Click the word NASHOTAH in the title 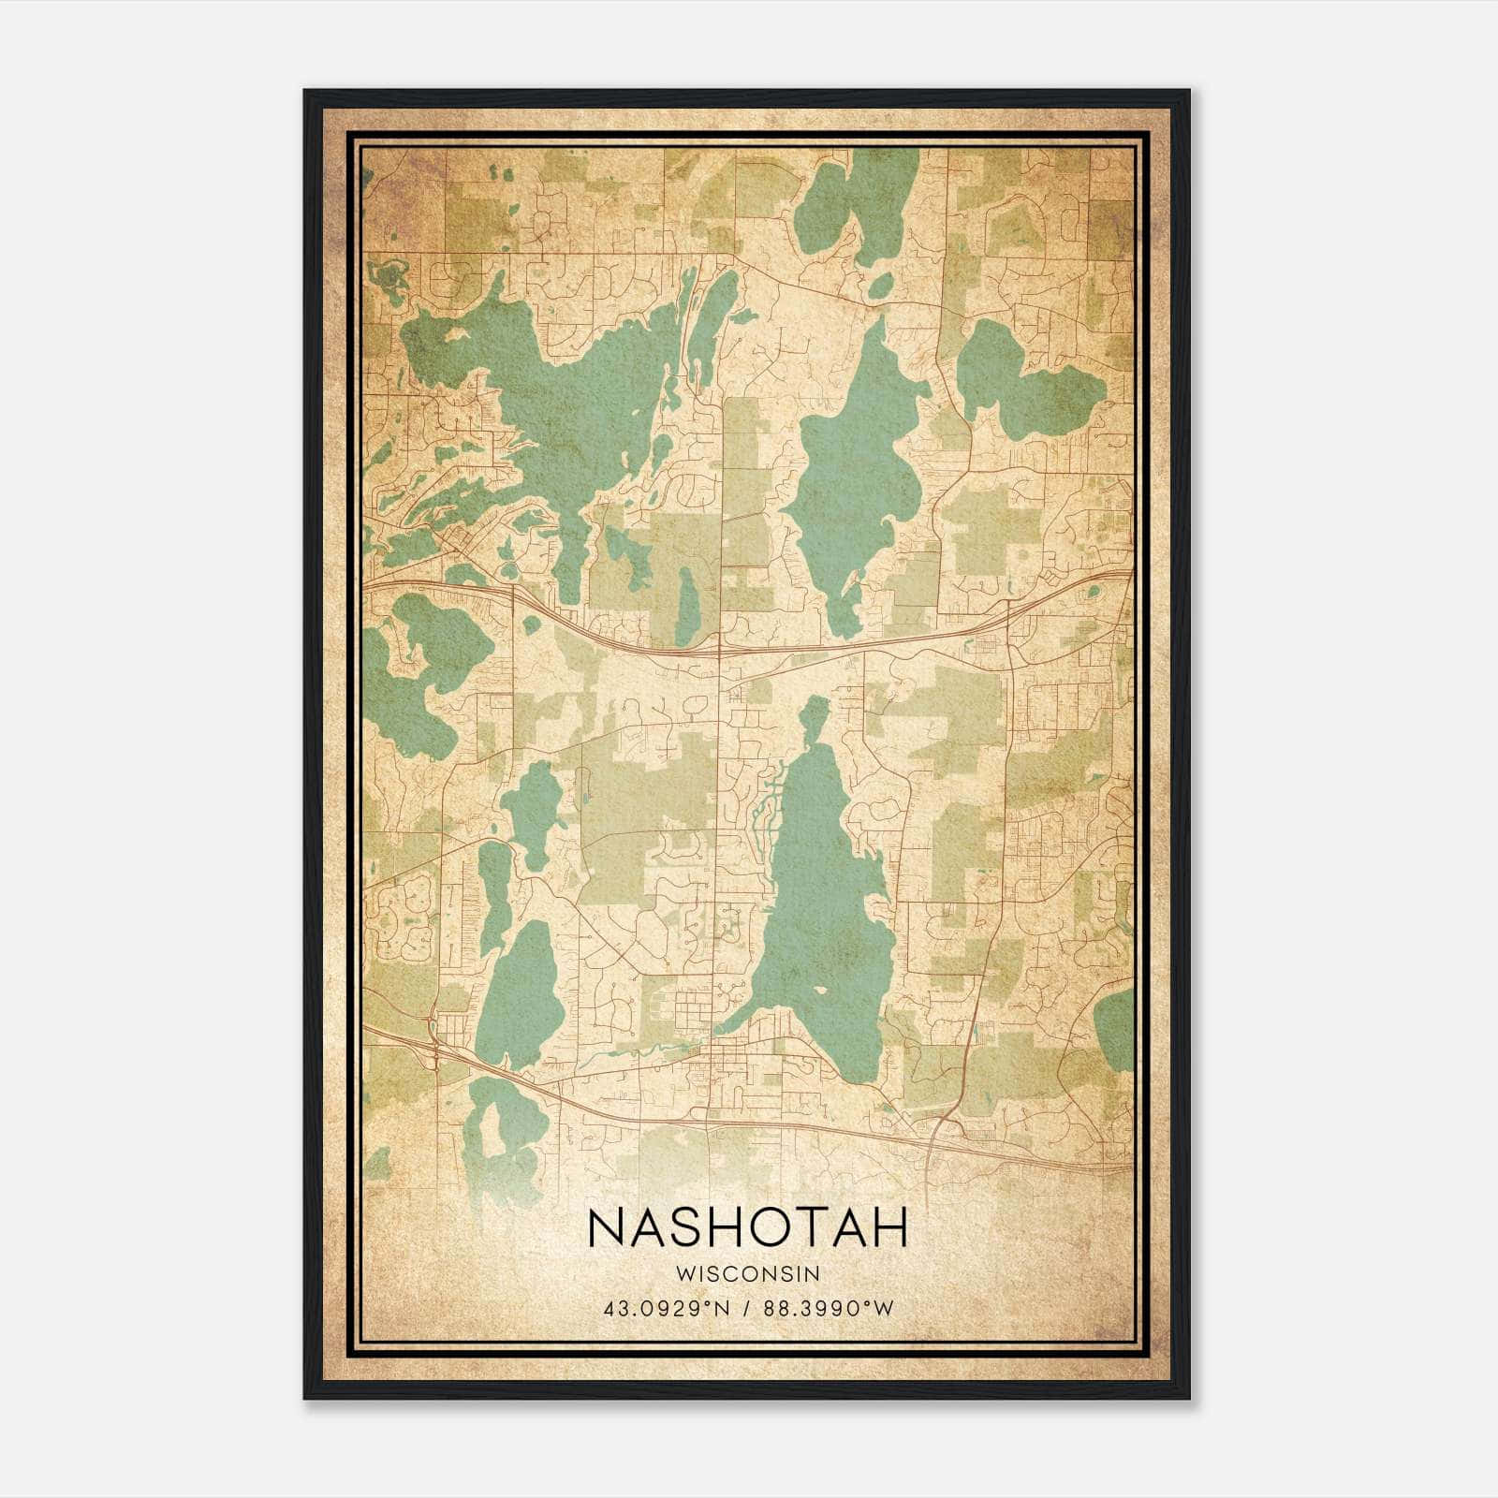coord(748,1227)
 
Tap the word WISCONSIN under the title coord(748,1274)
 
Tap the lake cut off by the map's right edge coord(1116,1030)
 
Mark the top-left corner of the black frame coord(305,92)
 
